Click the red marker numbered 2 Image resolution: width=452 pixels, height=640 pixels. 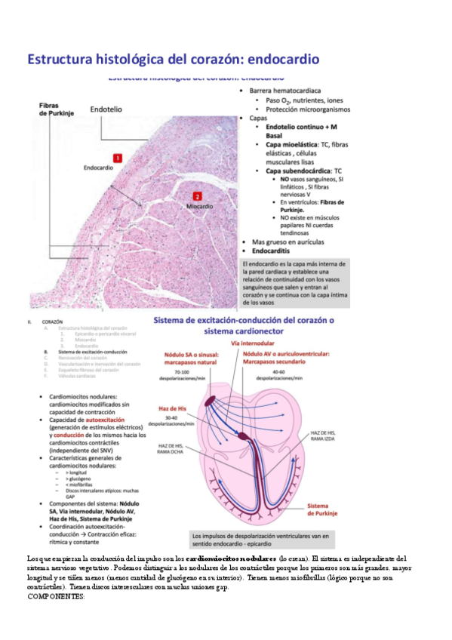pyautogui.click(x=197, y=195)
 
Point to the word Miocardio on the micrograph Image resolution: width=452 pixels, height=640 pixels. pyautogui.click(x=200, y=205)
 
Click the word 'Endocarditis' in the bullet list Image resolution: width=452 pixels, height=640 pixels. pyautogui.click(x=275, y=251)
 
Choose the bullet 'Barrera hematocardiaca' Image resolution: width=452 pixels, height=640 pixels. pyautogui.click(x=286, y=90)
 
